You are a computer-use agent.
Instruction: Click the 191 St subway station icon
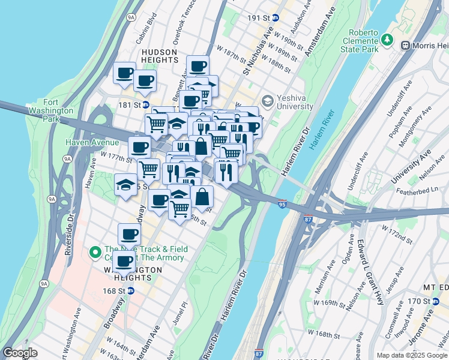click(276, 18)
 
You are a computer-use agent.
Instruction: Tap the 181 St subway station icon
click(145, 105)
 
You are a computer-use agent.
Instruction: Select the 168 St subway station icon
click(131, 291)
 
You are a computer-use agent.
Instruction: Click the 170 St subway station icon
click(436, 301)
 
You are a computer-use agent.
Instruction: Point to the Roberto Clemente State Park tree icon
click(388, 40)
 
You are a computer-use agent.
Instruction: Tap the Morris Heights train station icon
click(405, 45)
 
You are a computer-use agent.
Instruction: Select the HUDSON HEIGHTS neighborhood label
click(160, 56)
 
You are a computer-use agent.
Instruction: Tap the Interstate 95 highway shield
click(282, 205)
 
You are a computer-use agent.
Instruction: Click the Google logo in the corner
click(20, 352)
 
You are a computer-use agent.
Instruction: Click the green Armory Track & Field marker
click(95, 253)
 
